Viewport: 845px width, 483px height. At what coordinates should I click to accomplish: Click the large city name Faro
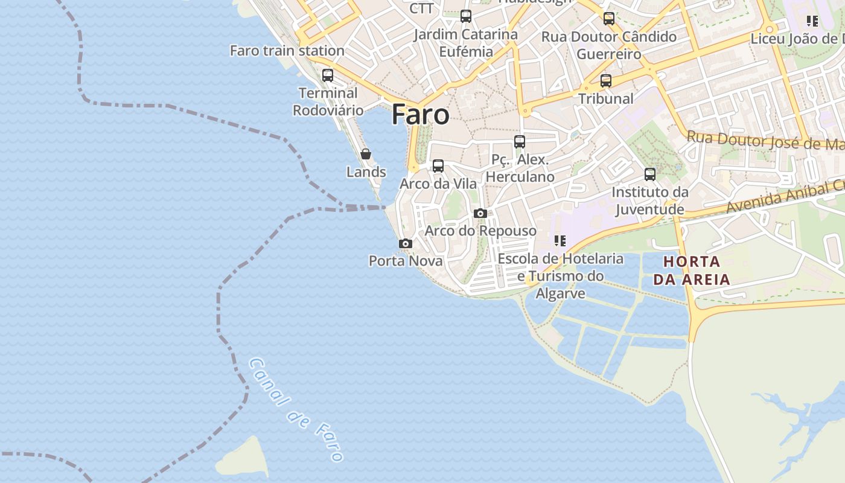[420, 114]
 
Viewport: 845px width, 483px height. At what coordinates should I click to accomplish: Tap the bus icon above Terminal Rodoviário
[328, 75]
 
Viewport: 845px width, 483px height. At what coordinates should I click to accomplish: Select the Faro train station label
[287, 51]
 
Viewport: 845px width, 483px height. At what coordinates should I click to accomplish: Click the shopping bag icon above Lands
[366, 154]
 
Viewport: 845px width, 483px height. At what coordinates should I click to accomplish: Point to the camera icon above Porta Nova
[406, 243]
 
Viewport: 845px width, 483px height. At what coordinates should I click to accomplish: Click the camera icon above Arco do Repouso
[480, 213]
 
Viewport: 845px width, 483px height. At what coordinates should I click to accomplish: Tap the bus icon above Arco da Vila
[438, 165]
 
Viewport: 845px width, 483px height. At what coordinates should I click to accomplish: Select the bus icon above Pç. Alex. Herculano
[520, 142]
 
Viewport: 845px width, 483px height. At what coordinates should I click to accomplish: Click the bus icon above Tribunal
[606, 80]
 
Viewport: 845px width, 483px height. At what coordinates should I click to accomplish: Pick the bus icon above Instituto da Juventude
[650, 174]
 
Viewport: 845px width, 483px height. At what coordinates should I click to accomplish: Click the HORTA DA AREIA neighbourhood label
[692, 270]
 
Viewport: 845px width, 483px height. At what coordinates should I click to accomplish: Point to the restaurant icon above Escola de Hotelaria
[560, 241]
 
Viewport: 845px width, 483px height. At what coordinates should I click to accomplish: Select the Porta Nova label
[406, 261]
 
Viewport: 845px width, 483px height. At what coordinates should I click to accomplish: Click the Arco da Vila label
[438, 184]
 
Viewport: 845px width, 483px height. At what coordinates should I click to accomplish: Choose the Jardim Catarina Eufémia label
[466, 43]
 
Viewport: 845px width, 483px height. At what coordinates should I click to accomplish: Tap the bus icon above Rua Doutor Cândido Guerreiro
[609, 18]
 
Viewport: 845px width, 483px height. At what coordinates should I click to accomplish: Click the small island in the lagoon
[243, 459]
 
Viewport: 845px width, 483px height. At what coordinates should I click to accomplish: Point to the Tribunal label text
[606, 98]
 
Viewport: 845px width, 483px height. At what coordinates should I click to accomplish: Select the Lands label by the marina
[366, 172]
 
